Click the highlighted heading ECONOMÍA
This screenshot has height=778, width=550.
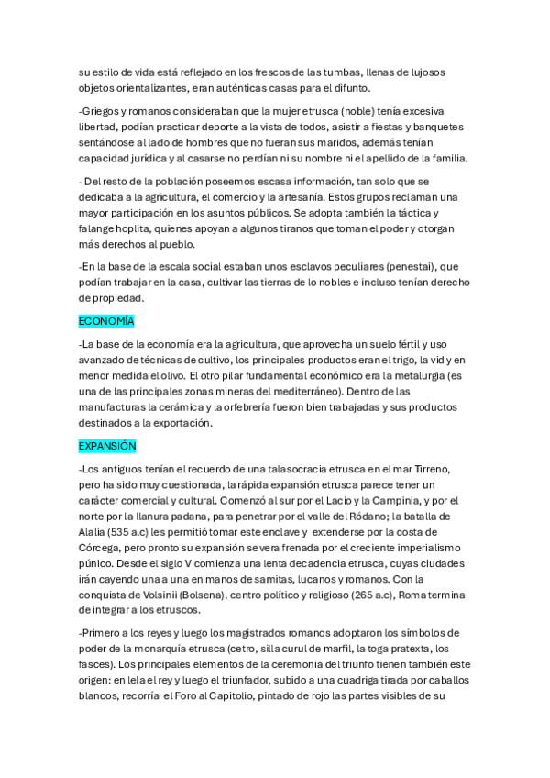point(106,321)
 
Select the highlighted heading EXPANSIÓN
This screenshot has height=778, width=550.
point(107,446)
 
